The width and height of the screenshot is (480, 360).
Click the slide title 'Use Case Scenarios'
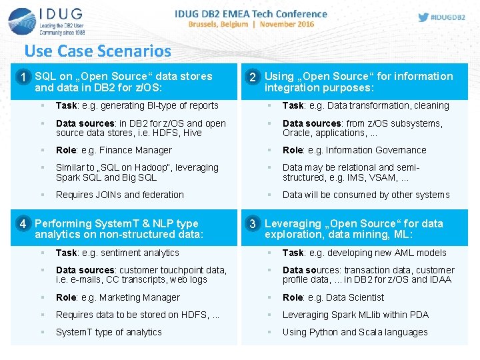[x=97, y=51]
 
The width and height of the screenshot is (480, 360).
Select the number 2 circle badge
[x=253, y=77]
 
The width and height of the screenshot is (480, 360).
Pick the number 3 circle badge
[x=253, y=224]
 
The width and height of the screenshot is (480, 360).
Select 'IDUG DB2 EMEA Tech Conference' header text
[x=251, y=13]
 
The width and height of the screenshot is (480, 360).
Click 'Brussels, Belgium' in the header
[x=217, y=25]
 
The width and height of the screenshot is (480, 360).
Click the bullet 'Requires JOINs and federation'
[x=120, y=195]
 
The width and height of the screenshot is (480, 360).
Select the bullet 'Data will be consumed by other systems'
[x=366, y=195]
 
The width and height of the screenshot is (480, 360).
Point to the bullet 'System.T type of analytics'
[x=109, y=332]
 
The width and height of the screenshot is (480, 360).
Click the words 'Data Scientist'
[x=355, y=297]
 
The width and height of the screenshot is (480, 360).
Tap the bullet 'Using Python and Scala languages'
[x=355, y=332]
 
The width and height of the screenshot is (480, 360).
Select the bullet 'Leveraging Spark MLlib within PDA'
[x=355, y=315]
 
